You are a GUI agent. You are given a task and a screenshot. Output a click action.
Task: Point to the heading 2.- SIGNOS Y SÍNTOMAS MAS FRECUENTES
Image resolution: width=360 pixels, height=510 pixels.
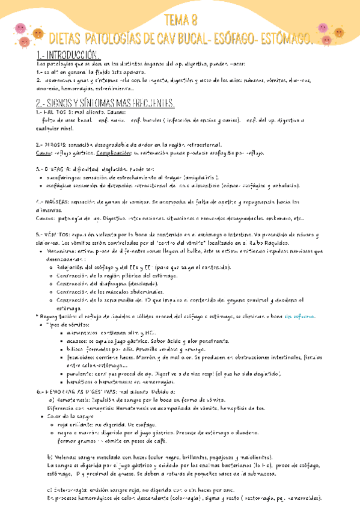tap(105, 102)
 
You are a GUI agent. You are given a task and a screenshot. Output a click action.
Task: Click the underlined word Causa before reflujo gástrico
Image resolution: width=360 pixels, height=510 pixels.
tap(45, 153)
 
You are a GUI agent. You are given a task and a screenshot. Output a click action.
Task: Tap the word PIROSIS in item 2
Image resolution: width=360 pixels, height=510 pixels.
tap(59, 145)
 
